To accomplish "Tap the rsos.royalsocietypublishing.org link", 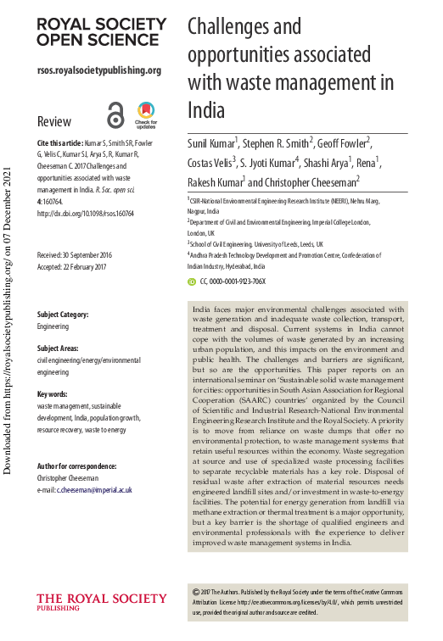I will [99, 70].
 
